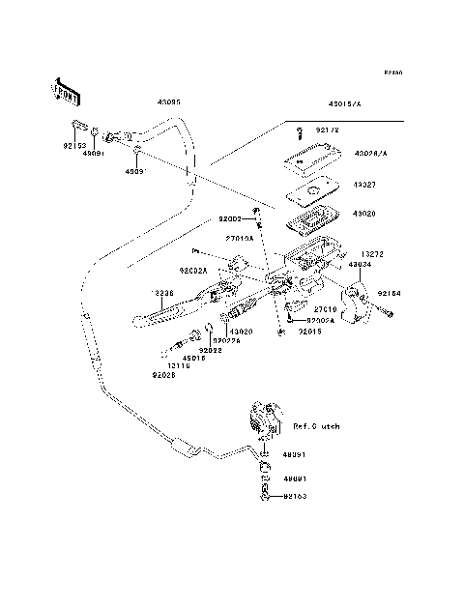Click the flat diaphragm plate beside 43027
pos(311,190)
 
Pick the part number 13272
pos(372,253)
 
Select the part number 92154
pos(389,290)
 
